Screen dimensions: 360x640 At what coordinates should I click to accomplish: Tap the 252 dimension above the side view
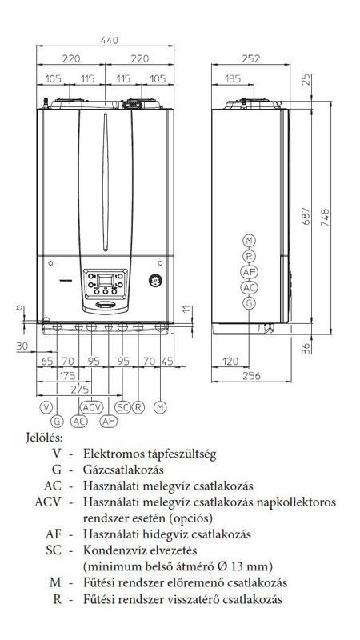tap(250, 58)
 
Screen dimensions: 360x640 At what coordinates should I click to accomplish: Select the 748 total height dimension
tap(325, 218)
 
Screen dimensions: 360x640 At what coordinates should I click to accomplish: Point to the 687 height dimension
tap(306, 216)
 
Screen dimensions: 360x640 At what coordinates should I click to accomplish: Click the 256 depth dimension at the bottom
tap(251, 375)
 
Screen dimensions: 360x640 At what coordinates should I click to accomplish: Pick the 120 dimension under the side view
tap(230, 362)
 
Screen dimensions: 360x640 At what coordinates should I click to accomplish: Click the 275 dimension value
tap(80, 389)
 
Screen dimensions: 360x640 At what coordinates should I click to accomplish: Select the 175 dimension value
tap(66, 374)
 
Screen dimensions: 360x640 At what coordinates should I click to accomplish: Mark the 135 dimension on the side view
tap(232, 78)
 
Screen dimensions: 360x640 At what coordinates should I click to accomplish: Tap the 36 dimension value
tap(306, 348)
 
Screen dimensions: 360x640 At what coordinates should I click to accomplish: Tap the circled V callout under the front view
tap(46, 407)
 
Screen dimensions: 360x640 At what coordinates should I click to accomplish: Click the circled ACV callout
tap(91, 407)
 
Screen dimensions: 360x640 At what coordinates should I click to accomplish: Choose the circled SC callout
tap(122, 407)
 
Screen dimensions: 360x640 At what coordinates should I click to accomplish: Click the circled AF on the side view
tap(249, 271)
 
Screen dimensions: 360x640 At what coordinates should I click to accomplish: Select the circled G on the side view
tap(249, 303)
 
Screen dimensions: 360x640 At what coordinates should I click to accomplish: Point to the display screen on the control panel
tap(106, 280)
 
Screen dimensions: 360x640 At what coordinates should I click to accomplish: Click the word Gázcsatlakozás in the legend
tap(123, 470)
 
